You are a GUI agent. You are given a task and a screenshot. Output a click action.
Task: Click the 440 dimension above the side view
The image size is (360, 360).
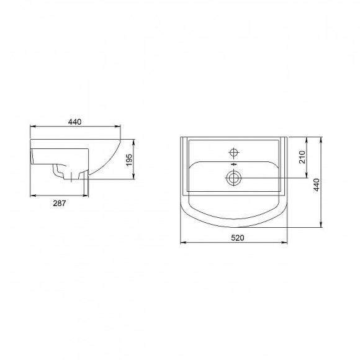coord(75,121)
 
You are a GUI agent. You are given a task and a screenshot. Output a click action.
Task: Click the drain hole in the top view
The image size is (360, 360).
coord(234,178)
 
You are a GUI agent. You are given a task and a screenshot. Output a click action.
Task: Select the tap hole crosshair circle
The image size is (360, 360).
coord(235,151)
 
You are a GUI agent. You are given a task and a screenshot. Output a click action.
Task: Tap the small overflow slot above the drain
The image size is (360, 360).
coord(234,166)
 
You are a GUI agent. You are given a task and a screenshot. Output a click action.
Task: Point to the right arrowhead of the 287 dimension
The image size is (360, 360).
coord(88,196)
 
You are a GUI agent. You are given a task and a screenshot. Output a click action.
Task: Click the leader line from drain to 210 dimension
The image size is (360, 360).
coord(273,178)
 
